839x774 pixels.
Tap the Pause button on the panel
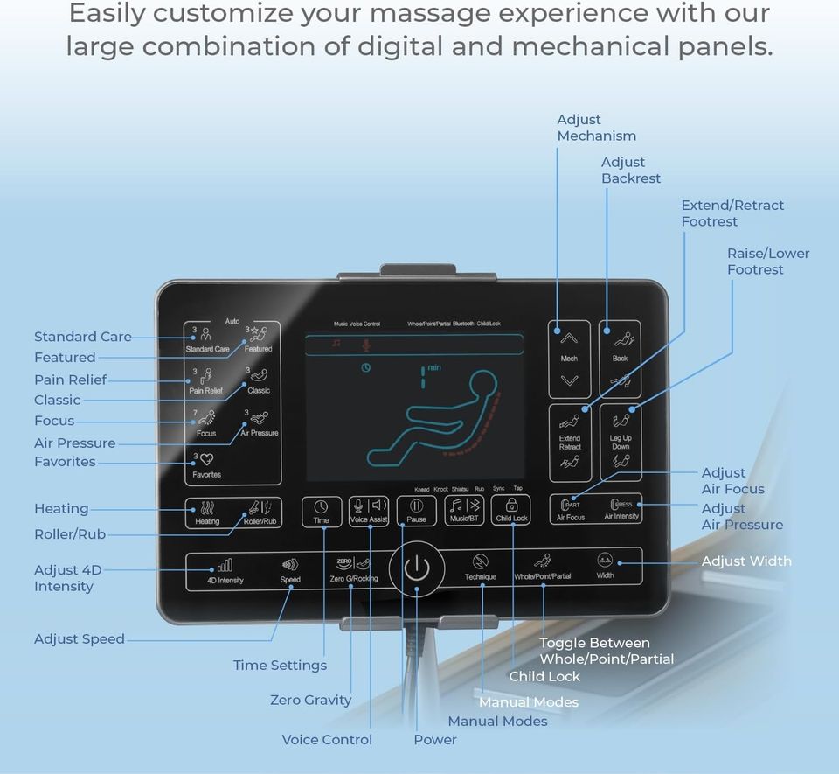(x=417, y=510)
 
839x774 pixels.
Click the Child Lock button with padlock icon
(x=511, y=510)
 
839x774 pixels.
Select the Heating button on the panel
(x=208, y=513)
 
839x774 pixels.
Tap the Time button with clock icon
(x=322, y=511)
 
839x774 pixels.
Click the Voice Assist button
(x=369, y=510)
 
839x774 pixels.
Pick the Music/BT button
(x=464, y=510)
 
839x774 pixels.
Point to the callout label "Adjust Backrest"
(x=630, y=170)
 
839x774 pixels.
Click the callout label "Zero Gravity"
(x=310, y=700)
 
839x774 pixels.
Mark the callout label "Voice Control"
(x=326, y=739)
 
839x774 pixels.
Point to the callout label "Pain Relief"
(x=70, y=380)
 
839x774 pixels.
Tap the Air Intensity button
(x=621, y=509)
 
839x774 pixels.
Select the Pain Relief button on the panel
(x=206, y=381)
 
